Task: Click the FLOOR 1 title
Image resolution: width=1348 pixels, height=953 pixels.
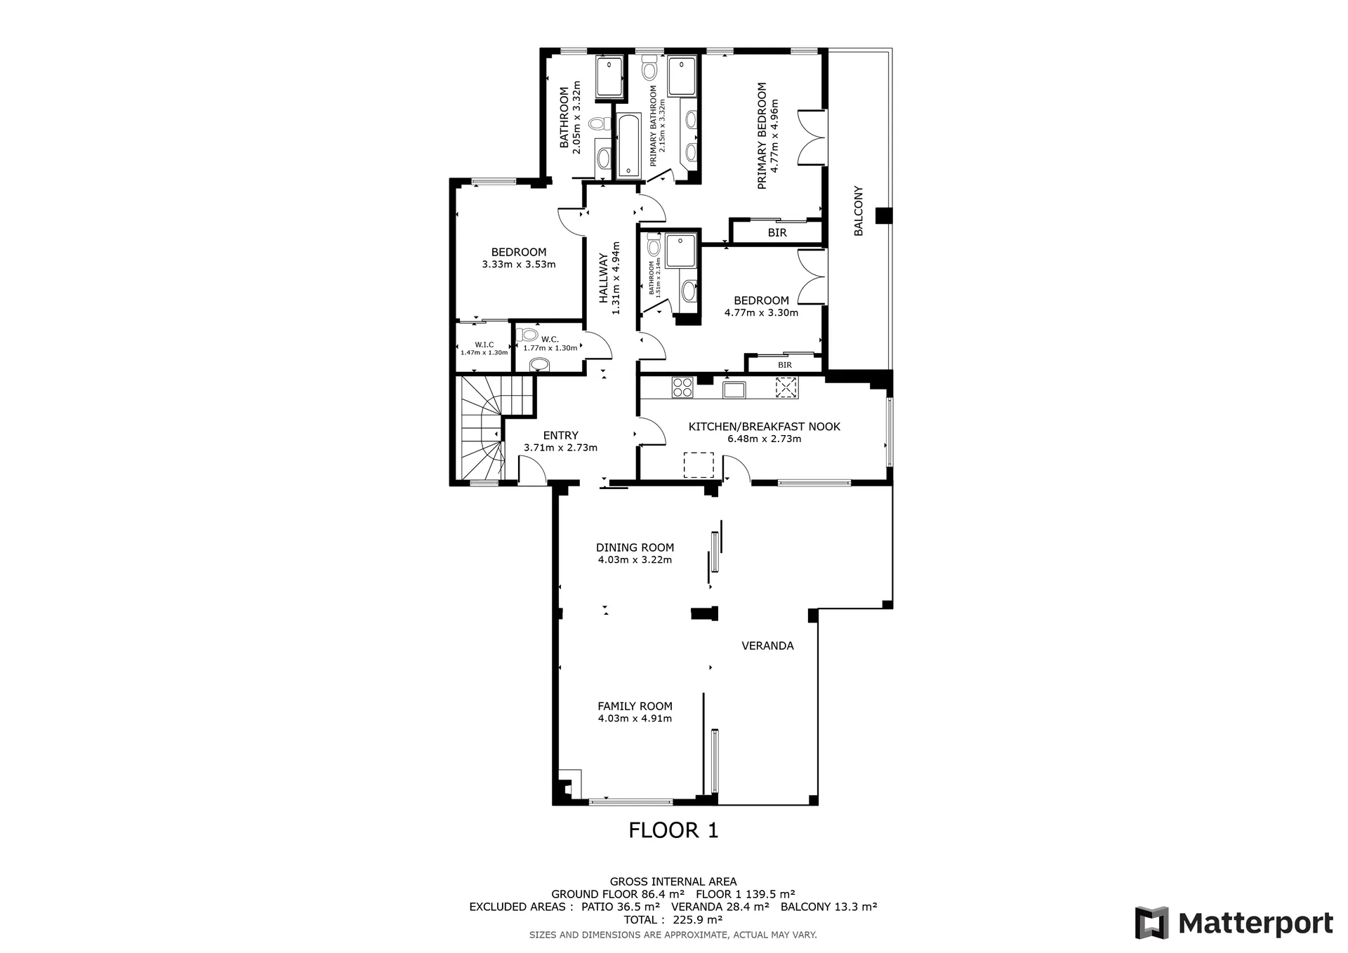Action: tap(673, 830)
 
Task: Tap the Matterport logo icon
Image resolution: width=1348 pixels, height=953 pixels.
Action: tap(1152, 923)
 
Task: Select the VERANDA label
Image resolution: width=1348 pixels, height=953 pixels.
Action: tap(767, 646)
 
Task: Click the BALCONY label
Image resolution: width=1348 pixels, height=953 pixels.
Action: tap(858, 211)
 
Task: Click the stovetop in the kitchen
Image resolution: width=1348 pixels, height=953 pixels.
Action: tap(682, 387)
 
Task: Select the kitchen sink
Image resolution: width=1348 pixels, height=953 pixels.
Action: tap(734, 387)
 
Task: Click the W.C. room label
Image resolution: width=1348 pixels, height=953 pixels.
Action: tap(550, 340)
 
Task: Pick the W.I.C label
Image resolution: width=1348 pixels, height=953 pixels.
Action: tap(484, 345)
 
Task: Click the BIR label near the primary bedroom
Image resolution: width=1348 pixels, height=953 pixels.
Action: tap(777, 233)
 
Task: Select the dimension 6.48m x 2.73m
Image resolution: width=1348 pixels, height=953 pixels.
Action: tap(764, 439)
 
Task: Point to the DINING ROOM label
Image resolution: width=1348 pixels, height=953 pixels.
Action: tap(635, 547)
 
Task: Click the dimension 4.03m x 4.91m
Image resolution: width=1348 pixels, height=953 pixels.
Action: tap(635, 719)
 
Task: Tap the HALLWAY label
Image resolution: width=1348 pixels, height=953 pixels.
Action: tap(603, 279)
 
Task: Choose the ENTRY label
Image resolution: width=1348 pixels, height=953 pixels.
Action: tap(560, 436)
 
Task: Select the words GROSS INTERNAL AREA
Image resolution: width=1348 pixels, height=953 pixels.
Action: tap(673, 882)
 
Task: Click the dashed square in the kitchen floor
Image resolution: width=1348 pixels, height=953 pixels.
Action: tap(699, 465)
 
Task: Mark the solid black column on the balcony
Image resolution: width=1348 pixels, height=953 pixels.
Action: tap(883, 216)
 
